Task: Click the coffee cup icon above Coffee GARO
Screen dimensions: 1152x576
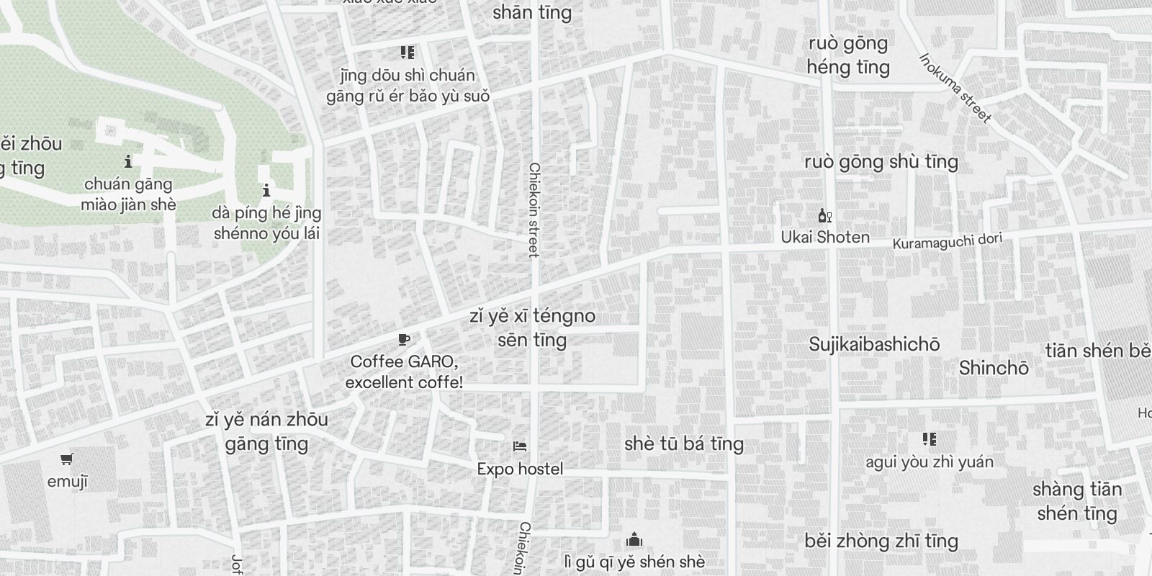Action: [x=404, y=340]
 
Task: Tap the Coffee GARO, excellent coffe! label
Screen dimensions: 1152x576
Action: [x=404, y=372]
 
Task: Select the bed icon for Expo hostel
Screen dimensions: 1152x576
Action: [x=520, y=446]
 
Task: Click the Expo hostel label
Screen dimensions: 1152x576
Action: [x=520, y=469]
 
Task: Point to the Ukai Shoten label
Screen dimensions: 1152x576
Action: [x=825, y=237]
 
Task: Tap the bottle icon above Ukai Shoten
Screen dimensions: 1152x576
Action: [x=824, y=215]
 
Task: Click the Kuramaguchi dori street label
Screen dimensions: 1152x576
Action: [x=947, y=241]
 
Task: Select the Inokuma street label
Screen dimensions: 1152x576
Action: [x=955, y=88]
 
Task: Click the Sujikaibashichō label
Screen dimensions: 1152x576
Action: [x=874, y=344]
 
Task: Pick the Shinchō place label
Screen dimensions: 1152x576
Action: [x=994, y=369]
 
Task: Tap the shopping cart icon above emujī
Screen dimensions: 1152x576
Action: [x=67, y=459]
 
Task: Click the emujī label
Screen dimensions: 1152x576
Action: [x=67, y=482]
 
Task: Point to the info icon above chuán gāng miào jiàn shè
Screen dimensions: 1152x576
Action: [x=128, y=161]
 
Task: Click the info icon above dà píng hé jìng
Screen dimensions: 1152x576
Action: [x=266, y=191]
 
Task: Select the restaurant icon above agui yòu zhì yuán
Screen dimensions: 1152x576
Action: [x=930, y=439]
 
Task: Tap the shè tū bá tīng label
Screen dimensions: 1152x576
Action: [x=684, y=444]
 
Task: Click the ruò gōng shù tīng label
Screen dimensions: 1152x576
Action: [x=881, y=161]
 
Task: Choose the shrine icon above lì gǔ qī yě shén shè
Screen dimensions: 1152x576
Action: [x=634, y=539]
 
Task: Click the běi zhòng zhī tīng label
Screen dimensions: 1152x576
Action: [x=881, y=541]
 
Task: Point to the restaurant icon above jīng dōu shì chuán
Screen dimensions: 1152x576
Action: [x=408, y=53]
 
